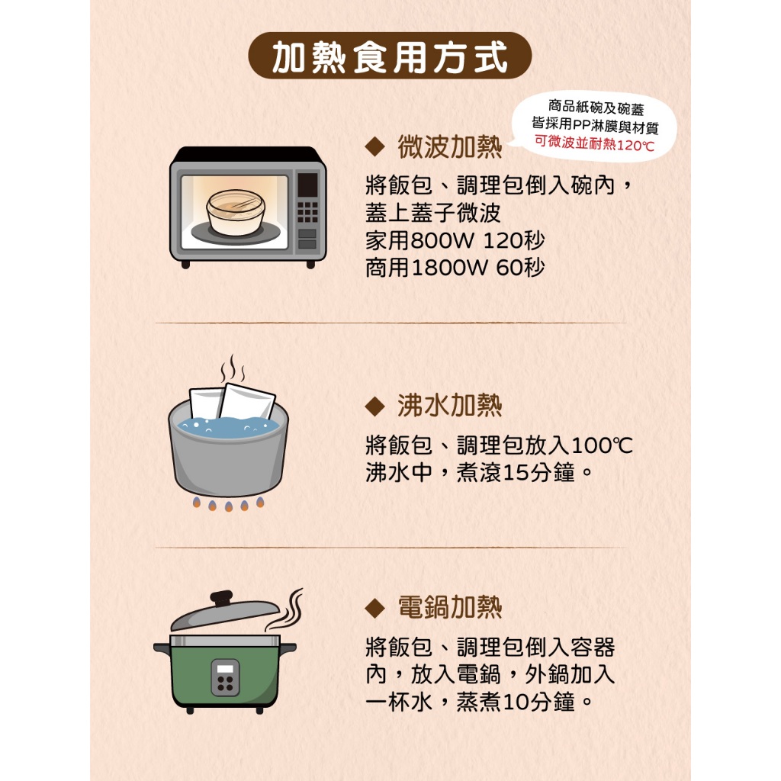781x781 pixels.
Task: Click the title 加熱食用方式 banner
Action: click(x=390, y=56)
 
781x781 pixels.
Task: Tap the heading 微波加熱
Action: click(x=450, y=147)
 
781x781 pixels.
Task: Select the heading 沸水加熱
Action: click(x=450, y=406)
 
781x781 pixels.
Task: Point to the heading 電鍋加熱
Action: click(x=450, y=607)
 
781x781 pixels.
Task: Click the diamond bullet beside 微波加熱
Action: click(x=374, y=147)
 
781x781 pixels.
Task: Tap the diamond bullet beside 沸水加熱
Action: click(x=374, y=406)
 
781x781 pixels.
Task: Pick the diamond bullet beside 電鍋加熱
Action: click(x=374, y=608)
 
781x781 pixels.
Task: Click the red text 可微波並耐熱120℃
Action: click(x=594, y=143)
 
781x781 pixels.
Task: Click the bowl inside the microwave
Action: click(x=235, y=213)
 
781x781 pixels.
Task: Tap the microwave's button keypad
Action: click(x=307, y=212)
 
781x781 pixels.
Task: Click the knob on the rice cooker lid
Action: click(x=221, y=598)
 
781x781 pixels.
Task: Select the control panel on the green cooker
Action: click(x=225, y=677)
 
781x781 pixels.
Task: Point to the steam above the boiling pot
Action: click(x=233, y=368)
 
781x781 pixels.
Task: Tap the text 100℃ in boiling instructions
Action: click(x=602, y=445)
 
